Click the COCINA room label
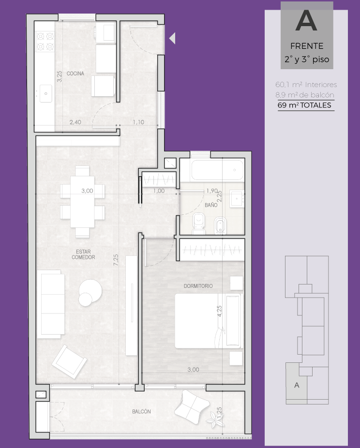coord(75,74)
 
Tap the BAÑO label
coord(211,205)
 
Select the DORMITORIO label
coord(198,286)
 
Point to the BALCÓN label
coord(141,411)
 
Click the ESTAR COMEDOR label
coord(83,254)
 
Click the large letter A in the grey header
coord(306,21)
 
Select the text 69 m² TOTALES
coord(304,105)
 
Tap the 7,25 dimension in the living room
coord(116,260)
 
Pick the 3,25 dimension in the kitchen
coord(59,76)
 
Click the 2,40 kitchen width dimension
coord(75,122)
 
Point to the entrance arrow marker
coord(172,38)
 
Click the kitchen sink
coord(45,93)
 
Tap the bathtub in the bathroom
coord(217,170)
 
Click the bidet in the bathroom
coord(220,225)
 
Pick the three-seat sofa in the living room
coord(50,304)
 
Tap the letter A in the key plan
coord(297,385)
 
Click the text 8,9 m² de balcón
coord(305,95)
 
